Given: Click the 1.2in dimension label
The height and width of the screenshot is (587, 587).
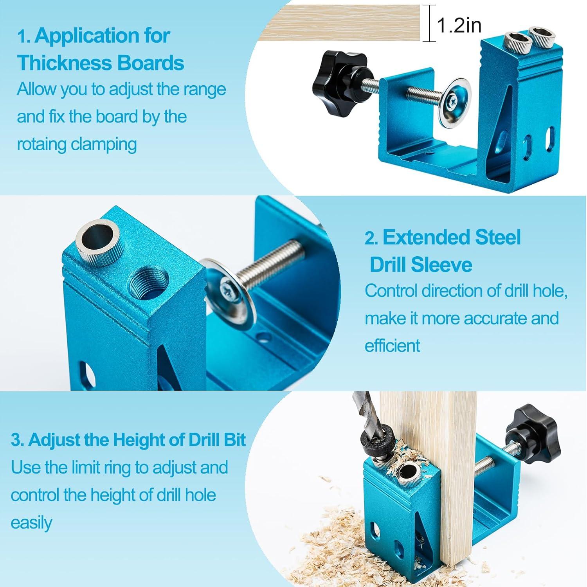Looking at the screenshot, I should click(x=459, y=25).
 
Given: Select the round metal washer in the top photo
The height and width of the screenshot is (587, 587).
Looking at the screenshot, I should click(x=454, y=103).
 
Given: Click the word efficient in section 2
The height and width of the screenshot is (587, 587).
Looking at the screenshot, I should click(x=393, y=346).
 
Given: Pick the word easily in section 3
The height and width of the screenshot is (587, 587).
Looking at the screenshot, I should click(x=31, y=523).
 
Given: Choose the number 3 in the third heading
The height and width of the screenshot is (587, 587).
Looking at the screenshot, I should click(x=16, y=440).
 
